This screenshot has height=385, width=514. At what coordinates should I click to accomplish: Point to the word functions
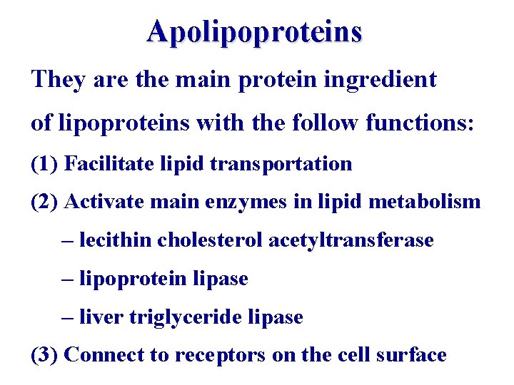tap(417, 123)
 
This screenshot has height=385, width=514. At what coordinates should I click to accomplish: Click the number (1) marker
tap(44, 164)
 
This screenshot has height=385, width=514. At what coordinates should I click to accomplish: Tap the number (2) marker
tap(44, 202)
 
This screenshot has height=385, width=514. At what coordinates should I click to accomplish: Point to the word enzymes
tap(228, 202)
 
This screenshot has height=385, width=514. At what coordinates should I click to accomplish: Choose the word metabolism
tap(425, 202)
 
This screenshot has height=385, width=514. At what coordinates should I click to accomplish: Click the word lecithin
tap(116, 240)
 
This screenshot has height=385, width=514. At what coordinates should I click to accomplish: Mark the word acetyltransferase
tap(351, 240)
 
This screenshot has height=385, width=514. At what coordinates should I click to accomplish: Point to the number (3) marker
tap(44, 355)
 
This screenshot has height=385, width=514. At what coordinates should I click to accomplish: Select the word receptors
tap(221, 355)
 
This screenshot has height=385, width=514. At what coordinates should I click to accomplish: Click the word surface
tap(411, 355)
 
